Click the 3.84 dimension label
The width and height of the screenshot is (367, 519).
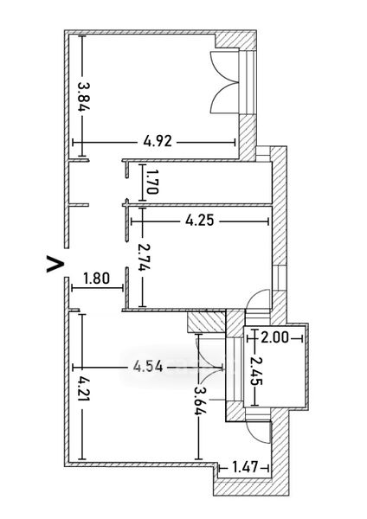click(x=84, y=96)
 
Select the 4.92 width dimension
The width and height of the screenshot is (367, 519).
click(x=158, y=141)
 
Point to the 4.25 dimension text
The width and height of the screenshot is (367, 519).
click(x=200, y=220)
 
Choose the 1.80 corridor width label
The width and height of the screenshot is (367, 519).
click(x=96, y=279)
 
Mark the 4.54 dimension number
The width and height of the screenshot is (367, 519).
click(x=148, y=367)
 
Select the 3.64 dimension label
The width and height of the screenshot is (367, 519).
click(x=200, y=400)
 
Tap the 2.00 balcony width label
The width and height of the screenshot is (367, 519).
click(x=275, y=337)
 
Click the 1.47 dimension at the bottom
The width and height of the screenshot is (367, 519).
click(x=245, y=467)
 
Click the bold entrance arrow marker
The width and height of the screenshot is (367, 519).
click(x=55, y=264)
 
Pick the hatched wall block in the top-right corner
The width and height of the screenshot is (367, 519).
click(x=235, y=41)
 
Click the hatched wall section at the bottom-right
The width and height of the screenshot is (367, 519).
click(x=252, y=486)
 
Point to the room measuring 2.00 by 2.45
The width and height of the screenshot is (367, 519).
click(x=275, y=367)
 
